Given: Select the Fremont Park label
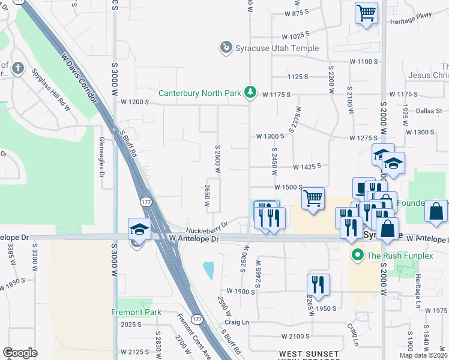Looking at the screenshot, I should pos(136,312).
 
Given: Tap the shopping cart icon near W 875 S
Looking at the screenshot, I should pos(366,13).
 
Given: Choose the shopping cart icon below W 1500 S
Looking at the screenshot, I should pos(312,197).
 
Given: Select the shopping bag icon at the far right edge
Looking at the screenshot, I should pos(437,211).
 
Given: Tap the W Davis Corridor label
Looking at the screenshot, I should pos(79,77).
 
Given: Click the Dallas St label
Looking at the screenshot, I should pos(430,111).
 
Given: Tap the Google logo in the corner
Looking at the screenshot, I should pos(20,352).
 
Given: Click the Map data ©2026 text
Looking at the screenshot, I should pos(424,355).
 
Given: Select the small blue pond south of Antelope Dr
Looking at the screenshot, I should pos(209,271).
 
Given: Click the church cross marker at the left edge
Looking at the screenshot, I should pos(19,68).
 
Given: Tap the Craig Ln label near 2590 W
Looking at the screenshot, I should pos(237,322).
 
